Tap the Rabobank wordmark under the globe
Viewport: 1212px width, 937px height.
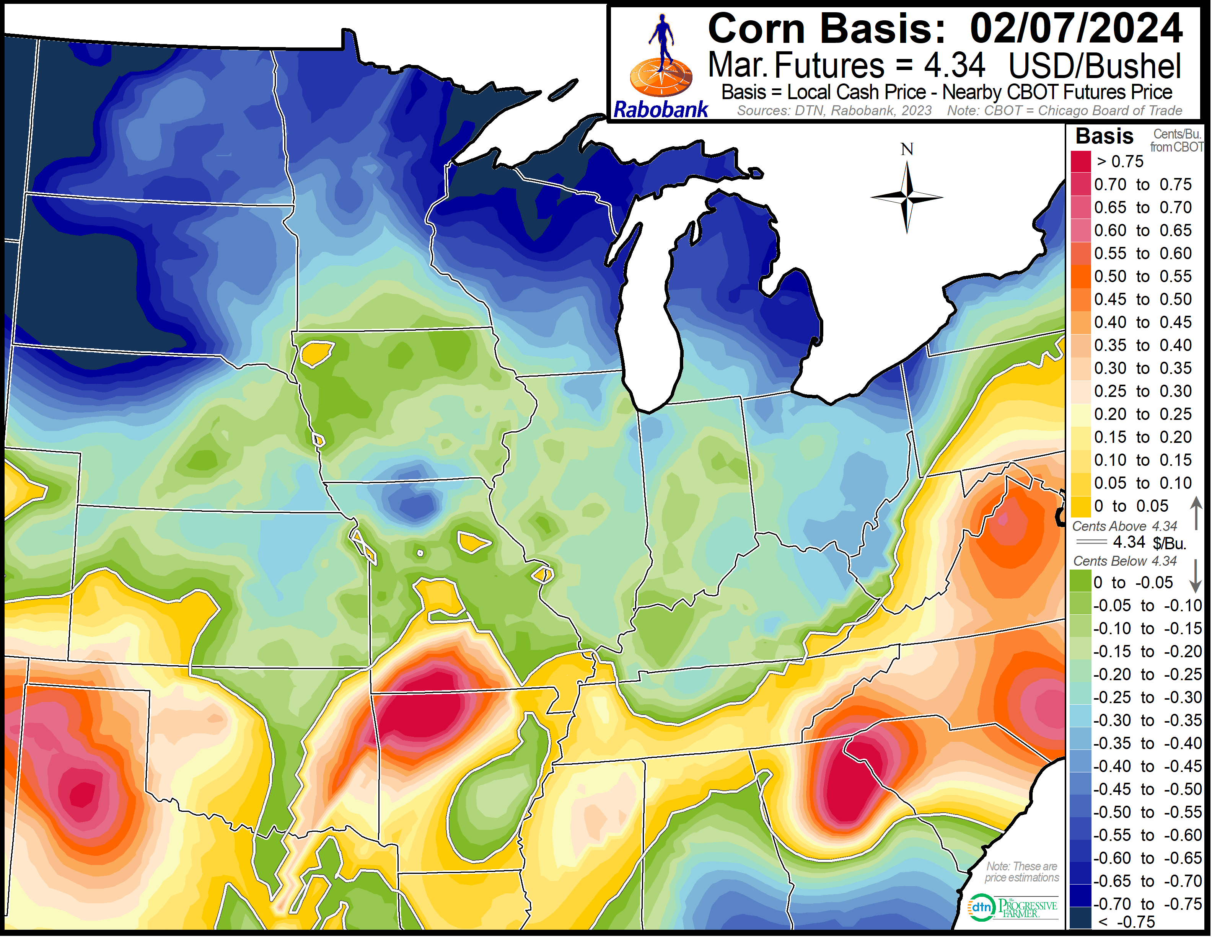tap(660, 110)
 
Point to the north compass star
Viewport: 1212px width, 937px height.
tap(907, 197)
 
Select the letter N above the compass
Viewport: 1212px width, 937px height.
tap(907, 149)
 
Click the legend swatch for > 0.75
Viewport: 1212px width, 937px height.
tap(1080, 162)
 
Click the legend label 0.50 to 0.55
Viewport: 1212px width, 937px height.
tap(1142, 276)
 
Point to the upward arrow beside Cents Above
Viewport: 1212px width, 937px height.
tap(1196, 513)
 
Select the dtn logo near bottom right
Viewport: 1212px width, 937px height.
tap(981, 908)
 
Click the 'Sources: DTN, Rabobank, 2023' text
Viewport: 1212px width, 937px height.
tap(834, 111)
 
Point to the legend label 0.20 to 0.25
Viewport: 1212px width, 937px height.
tap(1142, 415)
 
